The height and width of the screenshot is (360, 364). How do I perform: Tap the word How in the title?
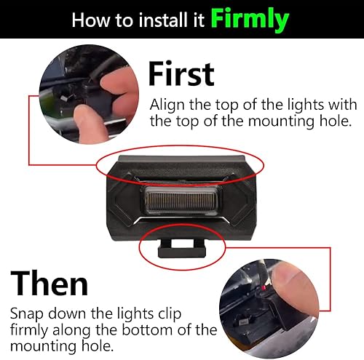tap(91, 20)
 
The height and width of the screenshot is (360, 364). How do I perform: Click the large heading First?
tap(181, 75)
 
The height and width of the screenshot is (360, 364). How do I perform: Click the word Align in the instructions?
tap(166, 105)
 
